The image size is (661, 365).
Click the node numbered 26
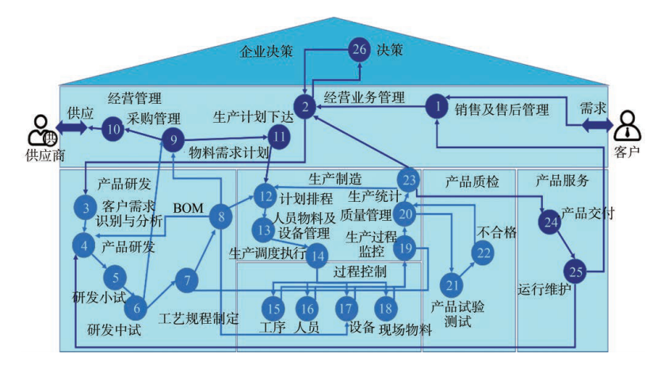[x=359, y=50]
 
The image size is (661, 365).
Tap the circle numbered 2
[x=305, y=107]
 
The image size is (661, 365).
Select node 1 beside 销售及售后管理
[x=437, y=107]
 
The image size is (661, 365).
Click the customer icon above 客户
[x=627, y=125]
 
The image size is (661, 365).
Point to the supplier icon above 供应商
[x=41, y=131]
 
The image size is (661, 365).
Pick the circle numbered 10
[x=113, y=129]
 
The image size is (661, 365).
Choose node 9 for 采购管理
[x=174, y=140]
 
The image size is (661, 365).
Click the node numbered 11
[x=279, y=137]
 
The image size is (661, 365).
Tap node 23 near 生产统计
[x=409, y=181]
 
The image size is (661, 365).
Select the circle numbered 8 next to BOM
[x=221, y=217]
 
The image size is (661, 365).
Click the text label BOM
[x=188, y=208]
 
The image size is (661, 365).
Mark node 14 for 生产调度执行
[x=317, y=256]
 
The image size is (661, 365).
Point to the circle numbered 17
[x=346, y=309]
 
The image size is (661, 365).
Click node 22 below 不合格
[x=483, y=253]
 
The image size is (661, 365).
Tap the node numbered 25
[x=575, y=272]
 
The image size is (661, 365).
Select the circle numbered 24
[x=550, y=222]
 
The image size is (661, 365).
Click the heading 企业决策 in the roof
[x=266, y=51]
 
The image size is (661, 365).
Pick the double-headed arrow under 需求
[x=598, y=125]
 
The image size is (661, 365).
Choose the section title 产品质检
[x=472, y=182]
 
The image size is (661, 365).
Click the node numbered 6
[x=136, y=308]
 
